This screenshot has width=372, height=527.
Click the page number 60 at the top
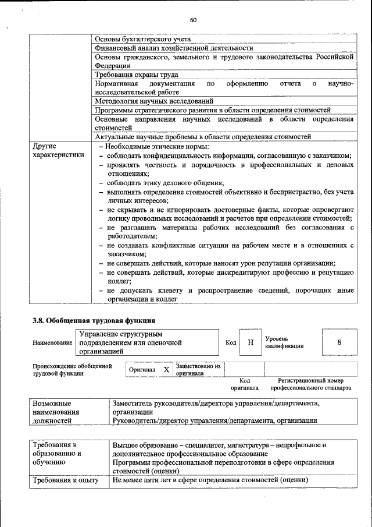pos(193,20)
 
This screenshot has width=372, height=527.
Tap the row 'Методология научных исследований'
pos(153,101)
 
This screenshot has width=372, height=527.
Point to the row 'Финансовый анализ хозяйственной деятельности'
pos(173,48)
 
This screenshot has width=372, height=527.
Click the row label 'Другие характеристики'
pos(58,150)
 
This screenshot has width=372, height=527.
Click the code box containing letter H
pos(251,342)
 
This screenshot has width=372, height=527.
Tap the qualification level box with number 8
pos(339,342)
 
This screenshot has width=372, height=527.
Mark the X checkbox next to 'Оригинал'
pos(166,370)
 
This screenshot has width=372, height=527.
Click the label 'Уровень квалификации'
pos(284,342)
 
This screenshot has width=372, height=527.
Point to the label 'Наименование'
pos(52,343)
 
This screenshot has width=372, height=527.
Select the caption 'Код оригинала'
pos(244,383)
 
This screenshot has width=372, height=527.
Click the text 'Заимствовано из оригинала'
pos(199,370)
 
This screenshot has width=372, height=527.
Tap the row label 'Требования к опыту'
pos(65,480)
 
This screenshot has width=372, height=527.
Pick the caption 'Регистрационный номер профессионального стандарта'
pos(310,383)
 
